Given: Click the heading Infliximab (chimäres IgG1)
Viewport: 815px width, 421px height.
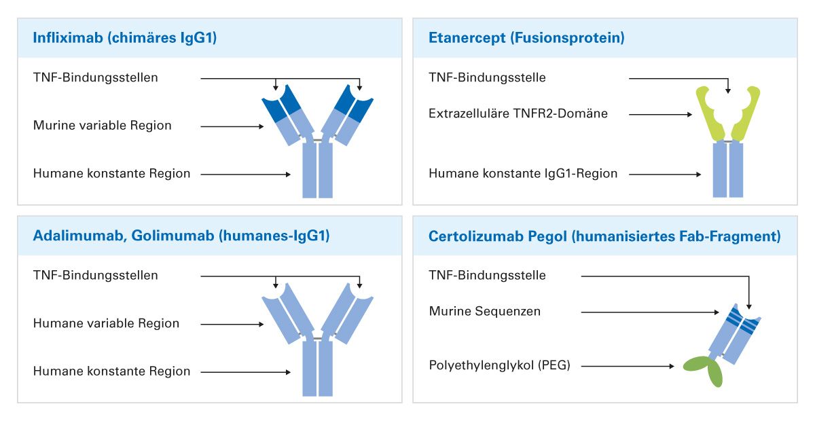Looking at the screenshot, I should click(124, 38).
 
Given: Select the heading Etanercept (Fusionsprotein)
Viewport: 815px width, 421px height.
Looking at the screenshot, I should click(526, 38).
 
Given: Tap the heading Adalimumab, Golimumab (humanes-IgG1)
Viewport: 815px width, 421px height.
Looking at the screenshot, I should click(181, 236).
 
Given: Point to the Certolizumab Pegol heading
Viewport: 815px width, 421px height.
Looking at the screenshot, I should click(604, 236).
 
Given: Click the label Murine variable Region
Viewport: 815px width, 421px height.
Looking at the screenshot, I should click(102, 126).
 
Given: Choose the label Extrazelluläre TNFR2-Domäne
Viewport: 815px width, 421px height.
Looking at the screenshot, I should click(518, 113).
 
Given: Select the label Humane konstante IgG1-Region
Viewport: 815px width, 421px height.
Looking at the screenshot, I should click(523, 174).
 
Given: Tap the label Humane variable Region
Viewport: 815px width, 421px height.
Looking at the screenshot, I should click(106, 323).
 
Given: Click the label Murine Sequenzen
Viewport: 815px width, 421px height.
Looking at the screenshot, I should click(484, 312).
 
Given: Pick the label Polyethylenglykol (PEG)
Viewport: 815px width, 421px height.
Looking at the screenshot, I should click(499, 366).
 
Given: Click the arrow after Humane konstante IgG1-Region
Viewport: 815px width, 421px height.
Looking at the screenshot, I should click(665, 175).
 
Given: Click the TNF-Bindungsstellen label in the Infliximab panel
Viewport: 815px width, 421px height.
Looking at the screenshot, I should click(95, 77).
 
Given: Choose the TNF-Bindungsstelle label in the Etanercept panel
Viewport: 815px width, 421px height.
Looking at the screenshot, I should click(487, 77).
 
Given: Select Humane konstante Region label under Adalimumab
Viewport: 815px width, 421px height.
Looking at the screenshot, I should click(111, 371).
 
